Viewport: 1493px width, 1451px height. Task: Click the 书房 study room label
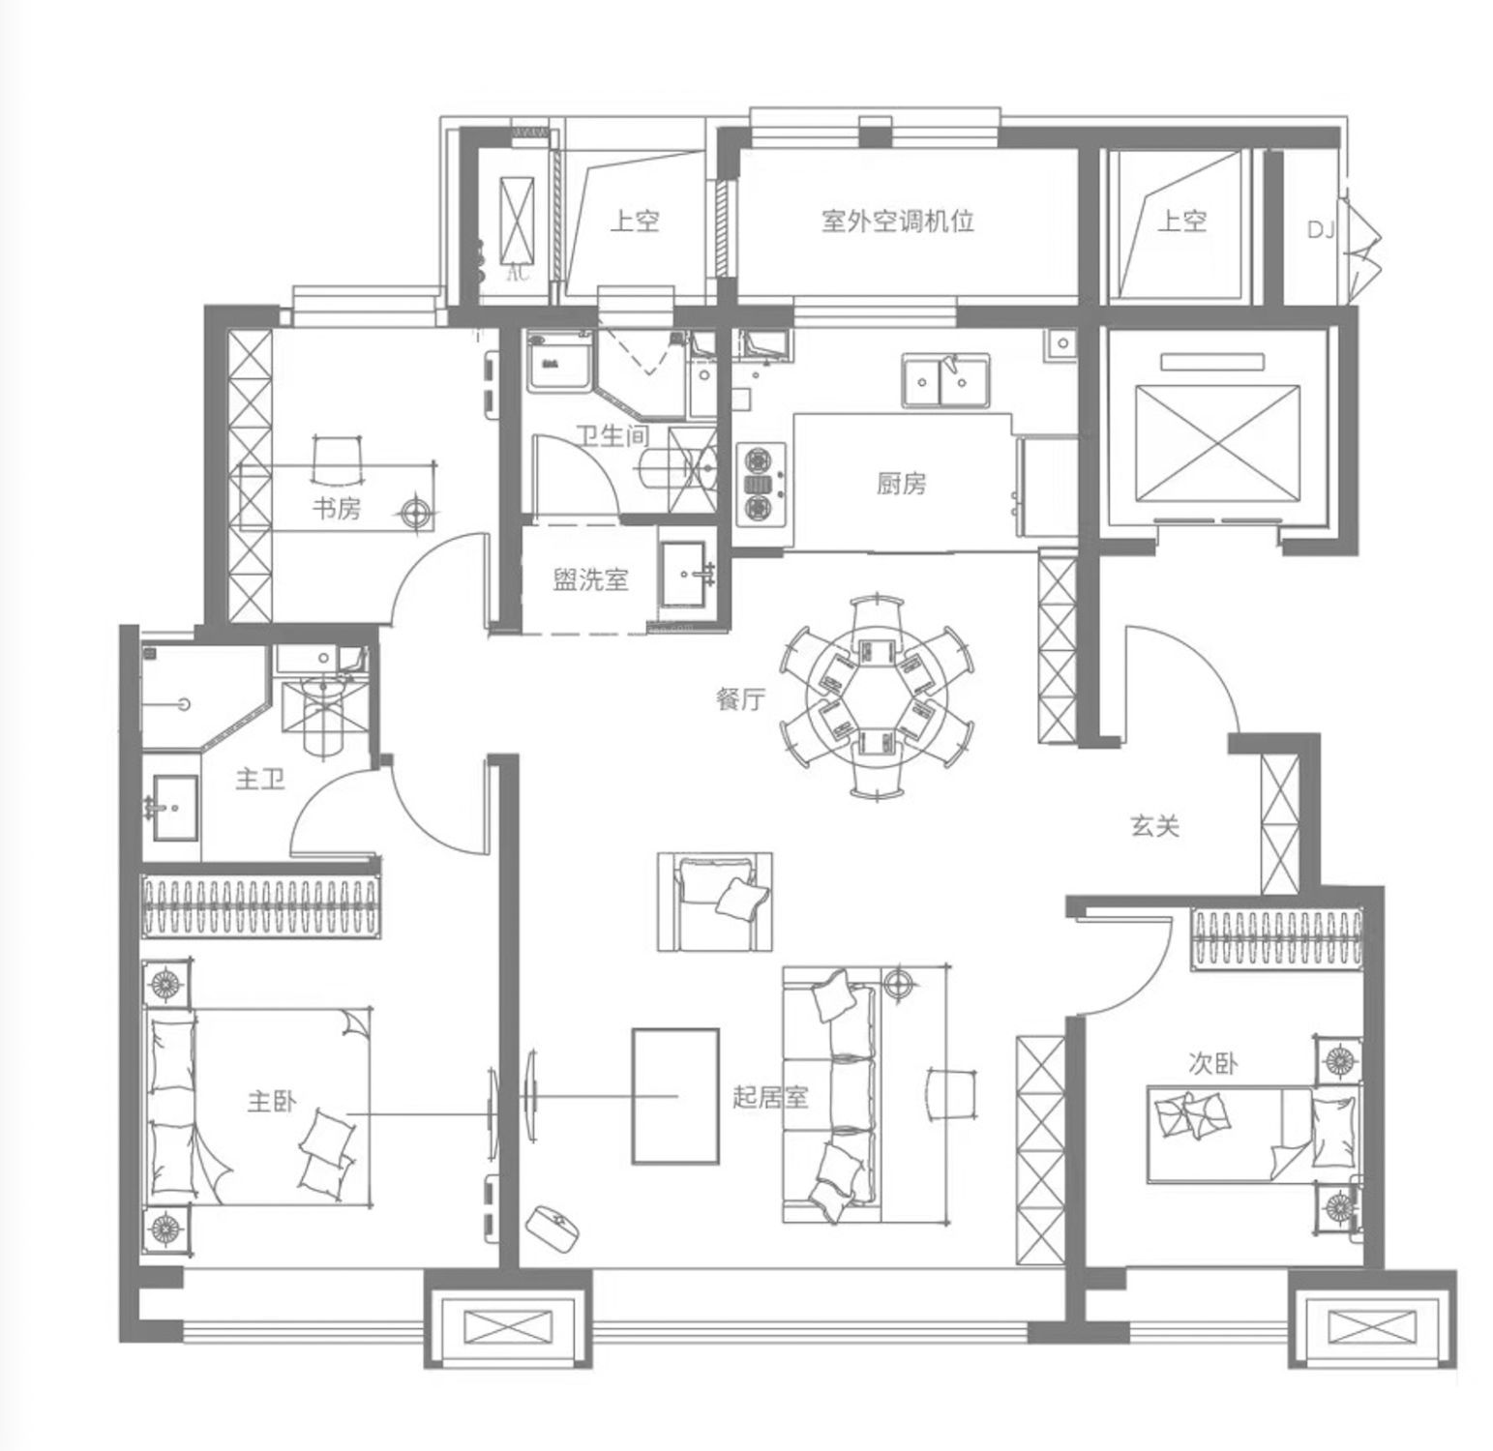click(x=336, y=508)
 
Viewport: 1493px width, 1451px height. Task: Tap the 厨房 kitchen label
click(x=901, y=483)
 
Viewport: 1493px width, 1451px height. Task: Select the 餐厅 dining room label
click(x=740, y=698)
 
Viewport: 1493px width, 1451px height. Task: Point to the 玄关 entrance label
click(x=1155, y=826)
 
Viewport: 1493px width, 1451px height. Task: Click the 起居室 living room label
click(x=769, y=1097)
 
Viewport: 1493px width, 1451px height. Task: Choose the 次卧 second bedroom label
click(x=1212, y=1063)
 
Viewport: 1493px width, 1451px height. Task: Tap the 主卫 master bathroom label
click(x=260, y=778)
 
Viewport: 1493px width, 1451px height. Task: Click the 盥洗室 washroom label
click(x=590, y=578)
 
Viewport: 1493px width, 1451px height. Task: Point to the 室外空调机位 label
click(x=898, y=221)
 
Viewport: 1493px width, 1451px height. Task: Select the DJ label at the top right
click(x=1321, y=229)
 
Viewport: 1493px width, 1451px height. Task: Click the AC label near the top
click(x=519, y=273)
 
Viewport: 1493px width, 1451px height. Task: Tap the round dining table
click(x=878, y=698)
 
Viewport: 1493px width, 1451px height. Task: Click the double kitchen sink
click(x=946, y=380)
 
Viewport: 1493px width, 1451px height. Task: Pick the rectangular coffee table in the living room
click(x=675, y=1096)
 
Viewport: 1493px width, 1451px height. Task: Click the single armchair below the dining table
click(x=715, y=902)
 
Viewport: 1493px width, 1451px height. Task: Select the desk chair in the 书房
click(x=336, y=461)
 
